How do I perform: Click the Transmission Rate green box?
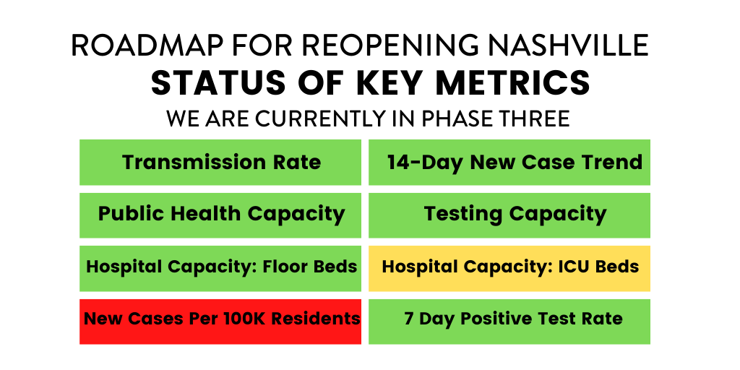220,162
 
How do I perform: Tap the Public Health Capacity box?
220,215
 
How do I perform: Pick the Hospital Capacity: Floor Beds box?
220,267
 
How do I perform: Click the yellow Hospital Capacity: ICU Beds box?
509,267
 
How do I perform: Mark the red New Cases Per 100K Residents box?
220,319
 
